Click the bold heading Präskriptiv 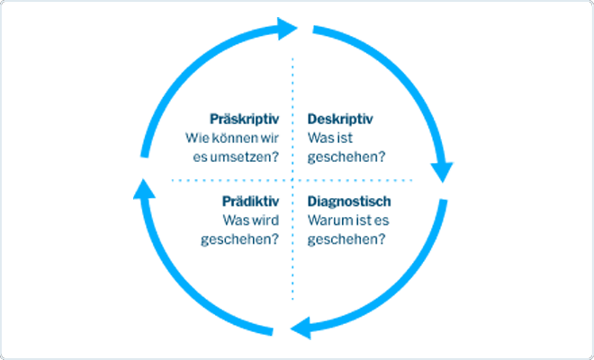(244, 120)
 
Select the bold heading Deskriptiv (340, 120)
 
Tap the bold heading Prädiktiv (250, 202)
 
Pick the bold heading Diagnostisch (349, 202)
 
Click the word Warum (326, 220)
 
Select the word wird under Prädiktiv (265, 220)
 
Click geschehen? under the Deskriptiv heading (346, 157)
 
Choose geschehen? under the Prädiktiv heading (239, 239)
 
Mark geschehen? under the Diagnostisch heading (346, 239)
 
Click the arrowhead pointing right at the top (287, 29)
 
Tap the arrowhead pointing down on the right (442, 173)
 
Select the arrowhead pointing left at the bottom (301, 328)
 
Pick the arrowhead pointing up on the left (144, 189)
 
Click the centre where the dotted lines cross (292, 180)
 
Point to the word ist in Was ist (345, 138)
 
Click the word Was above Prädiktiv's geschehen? (235, 220)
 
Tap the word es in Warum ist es (382, 220)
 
